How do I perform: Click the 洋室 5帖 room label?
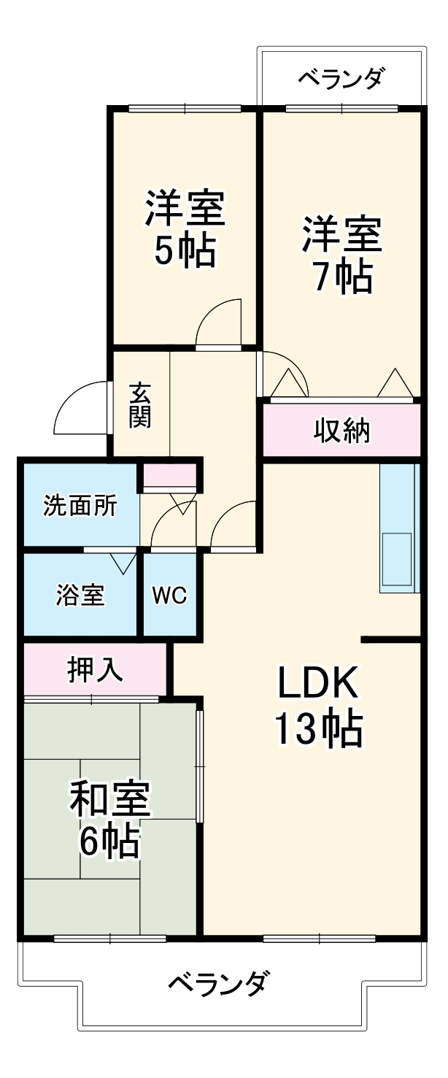tap(185, 229)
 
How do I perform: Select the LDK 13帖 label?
tap(318, 706)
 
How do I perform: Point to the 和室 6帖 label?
tap(109, 820)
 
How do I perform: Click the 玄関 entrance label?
tap(140, 405)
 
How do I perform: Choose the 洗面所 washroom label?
tap(80, 506)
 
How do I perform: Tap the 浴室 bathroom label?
tap(80, 595)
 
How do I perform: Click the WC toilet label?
tap(169, 595)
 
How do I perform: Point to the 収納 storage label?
tap(342, 431)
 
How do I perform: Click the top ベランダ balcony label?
tap(341, 77)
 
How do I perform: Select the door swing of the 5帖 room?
tap(219, 321)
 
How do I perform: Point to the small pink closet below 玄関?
tap(169, 477)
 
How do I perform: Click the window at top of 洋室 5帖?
tap(185, 109)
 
